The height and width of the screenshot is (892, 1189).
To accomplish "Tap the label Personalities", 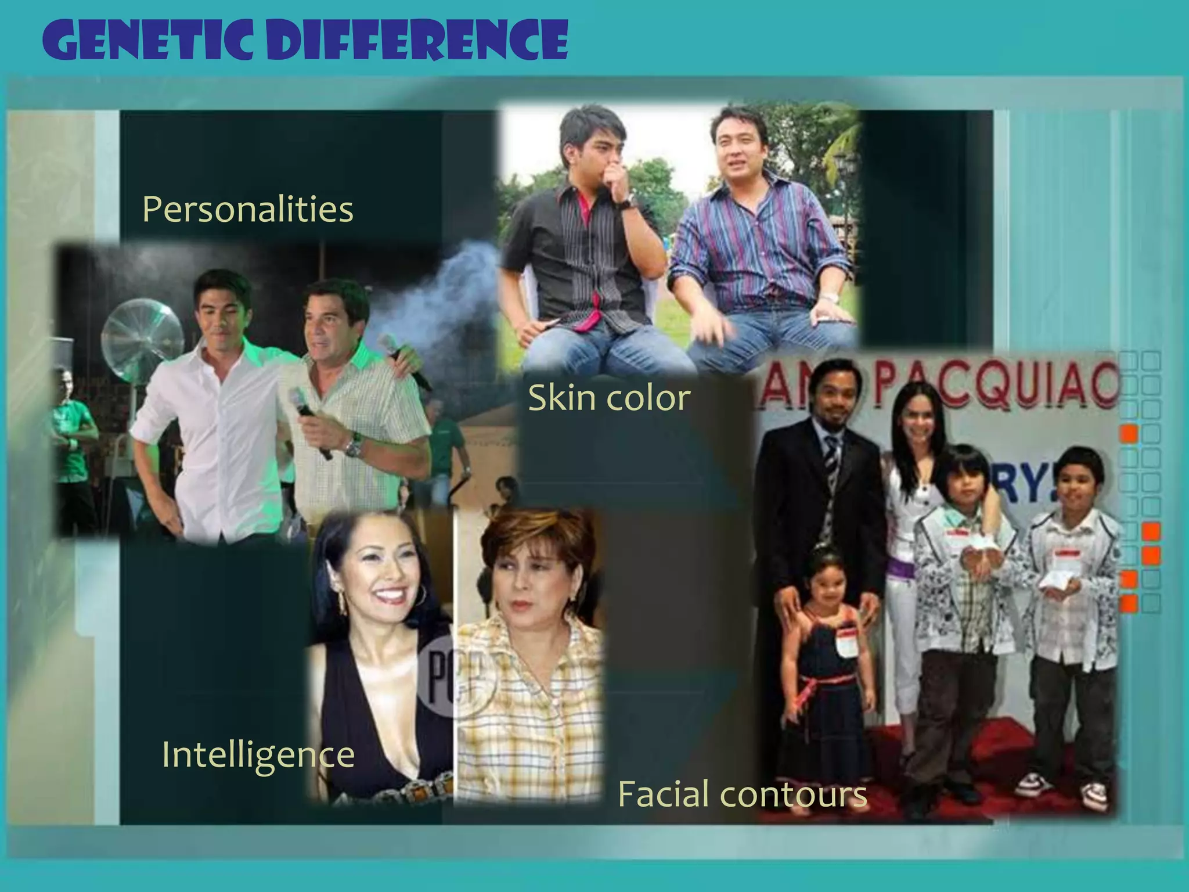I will tap(247, 209).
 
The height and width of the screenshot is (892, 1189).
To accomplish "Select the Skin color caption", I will tap(609, 398).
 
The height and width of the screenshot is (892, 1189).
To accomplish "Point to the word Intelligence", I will tap(258, 754).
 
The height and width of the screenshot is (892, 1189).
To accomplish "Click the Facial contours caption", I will tap(742, 794).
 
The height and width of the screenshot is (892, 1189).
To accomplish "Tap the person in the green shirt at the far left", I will tap(73, 441).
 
